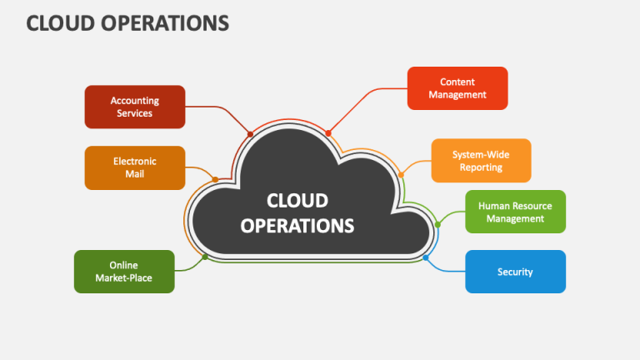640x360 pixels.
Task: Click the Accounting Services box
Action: click(x=135, y=107)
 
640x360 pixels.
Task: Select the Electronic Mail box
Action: click(x=135, y=167)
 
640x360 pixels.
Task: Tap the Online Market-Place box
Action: click(x=124, y=272)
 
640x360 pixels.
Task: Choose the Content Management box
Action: click(x=457, y=88)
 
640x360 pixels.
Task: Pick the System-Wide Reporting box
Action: click(x=481, y=161)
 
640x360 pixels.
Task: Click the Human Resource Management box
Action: click(x=515, y=212)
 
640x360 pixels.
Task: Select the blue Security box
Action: click(x=515, y=272)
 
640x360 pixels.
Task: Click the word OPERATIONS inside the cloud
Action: click(x=297, y=225)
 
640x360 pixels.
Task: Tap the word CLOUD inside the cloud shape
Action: click(x=297, y=200)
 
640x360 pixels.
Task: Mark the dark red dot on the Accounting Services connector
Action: click(x=250, y=134)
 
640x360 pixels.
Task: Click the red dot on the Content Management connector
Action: click(x=328, y=132)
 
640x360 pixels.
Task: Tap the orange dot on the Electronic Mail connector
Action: click(x=215, y=179)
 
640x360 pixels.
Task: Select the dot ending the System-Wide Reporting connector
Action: click(x=401, y=175)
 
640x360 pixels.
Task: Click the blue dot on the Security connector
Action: click(x=426, y=257)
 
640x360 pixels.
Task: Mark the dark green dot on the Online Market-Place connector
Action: click(x=204, y=257)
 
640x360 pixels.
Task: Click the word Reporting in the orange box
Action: click(x=481, y=167)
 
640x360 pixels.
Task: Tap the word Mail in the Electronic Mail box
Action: click(x=135, y=174)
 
